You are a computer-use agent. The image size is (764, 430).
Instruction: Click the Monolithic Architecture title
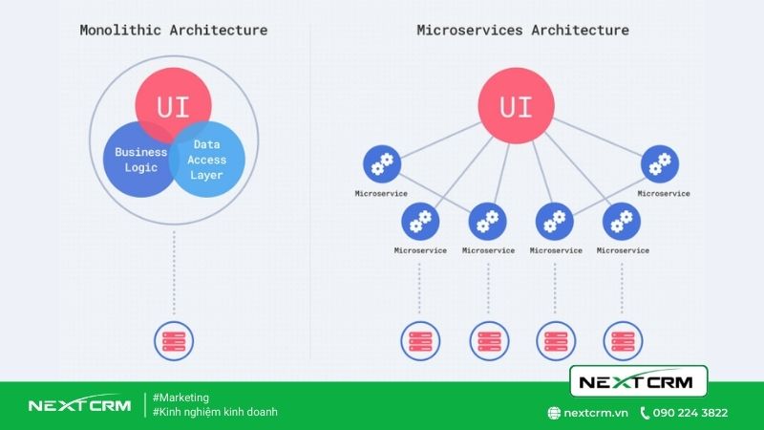[174, 31]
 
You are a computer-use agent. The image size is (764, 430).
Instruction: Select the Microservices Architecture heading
[522, 31]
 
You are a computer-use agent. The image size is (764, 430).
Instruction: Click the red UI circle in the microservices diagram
[516, 106]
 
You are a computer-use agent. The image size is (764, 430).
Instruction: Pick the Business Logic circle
[138, 160]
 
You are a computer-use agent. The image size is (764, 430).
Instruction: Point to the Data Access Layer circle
[207, 160]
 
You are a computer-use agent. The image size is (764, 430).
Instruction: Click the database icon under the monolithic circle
[174, 341]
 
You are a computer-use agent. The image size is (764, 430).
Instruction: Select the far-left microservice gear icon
[382, 163]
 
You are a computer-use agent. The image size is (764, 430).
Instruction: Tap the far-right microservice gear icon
[660, 163]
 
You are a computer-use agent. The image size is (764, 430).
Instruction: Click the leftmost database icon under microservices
[420, 341]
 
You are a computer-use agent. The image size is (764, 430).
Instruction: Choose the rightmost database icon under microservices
[623, 341]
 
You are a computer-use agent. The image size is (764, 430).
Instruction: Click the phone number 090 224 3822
[690, 413]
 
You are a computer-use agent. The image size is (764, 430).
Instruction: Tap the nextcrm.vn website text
[596, 413]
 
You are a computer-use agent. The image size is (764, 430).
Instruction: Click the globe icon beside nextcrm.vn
[554, 413]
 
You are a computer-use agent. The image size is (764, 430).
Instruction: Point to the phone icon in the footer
[645, 413]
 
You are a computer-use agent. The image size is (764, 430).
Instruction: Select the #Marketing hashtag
[180, 398]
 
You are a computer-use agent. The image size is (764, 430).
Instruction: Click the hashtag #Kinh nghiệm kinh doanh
[215, 412]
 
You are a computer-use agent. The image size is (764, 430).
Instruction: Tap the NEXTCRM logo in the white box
[638, 381]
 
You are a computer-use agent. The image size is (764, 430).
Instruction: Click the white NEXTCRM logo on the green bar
[80, 404]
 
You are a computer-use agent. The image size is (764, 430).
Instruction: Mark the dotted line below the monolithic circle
[174, 273]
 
